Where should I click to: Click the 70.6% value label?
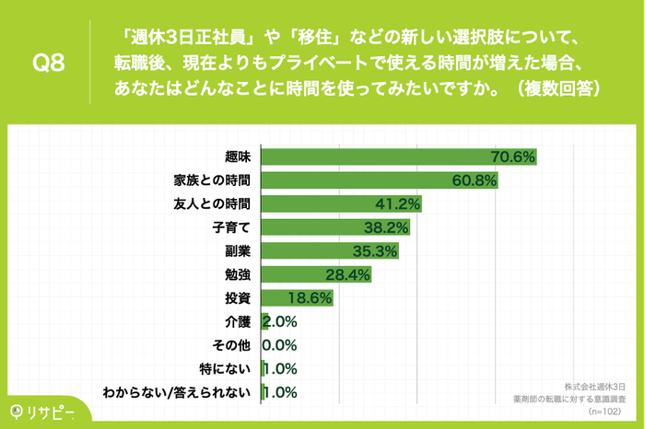pos(513,157)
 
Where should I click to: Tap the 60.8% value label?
pos(475,180)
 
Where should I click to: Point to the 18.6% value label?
pos(311,298)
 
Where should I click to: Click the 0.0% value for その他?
pos(278,345)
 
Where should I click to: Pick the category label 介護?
pos(238,322)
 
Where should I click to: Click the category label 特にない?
pos(227,369)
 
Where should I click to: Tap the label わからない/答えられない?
pos(177,393)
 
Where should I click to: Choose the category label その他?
pos(231,345)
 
